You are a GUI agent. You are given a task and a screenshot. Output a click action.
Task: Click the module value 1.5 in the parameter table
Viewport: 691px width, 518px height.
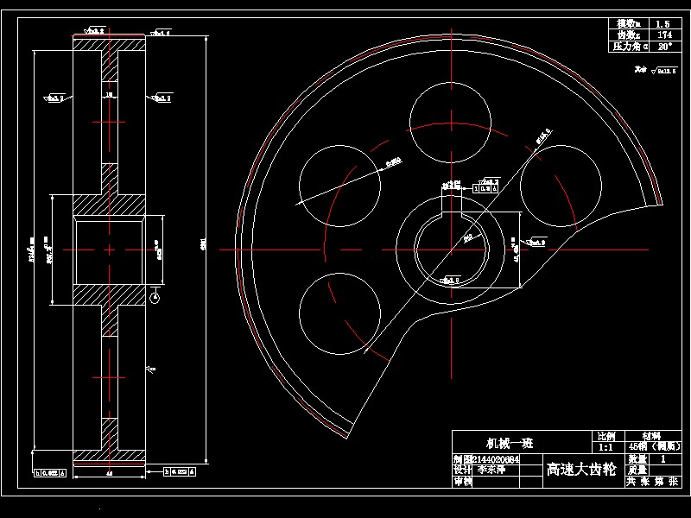662,24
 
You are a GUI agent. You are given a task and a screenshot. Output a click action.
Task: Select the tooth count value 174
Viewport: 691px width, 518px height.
662,35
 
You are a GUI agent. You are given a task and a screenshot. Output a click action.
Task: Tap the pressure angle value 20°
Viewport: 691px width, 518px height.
662,47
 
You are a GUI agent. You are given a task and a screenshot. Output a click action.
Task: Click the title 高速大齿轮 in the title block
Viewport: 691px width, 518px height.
581,470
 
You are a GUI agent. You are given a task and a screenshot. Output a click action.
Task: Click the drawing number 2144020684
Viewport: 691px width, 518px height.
498,460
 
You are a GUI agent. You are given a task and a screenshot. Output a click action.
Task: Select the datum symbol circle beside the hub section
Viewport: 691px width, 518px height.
155,299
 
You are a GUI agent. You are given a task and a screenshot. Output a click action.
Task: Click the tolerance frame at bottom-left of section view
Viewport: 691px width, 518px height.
50,472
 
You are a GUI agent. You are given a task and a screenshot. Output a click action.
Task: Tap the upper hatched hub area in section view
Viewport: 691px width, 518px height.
109,205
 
